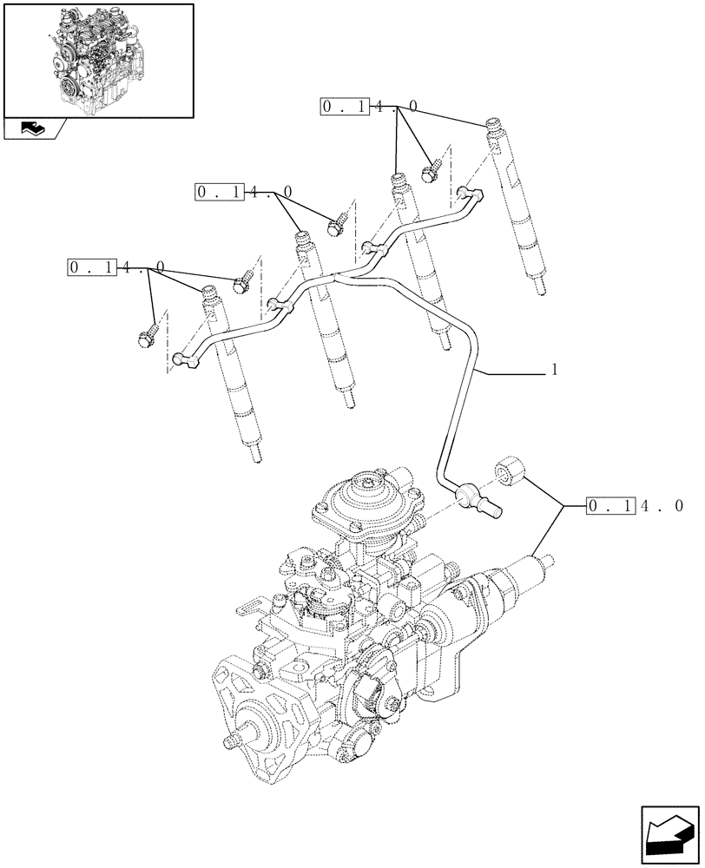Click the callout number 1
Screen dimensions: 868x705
[554, 370]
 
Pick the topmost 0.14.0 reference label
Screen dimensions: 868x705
[370, 106]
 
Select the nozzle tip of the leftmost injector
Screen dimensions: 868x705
[256, 455]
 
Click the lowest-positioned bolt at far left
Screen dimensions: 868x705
[145, 336]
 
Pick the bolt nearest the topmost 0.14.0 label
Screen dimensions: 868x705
[431, 171]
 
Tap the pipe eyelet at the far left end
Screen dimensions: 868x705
[183, 358]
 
